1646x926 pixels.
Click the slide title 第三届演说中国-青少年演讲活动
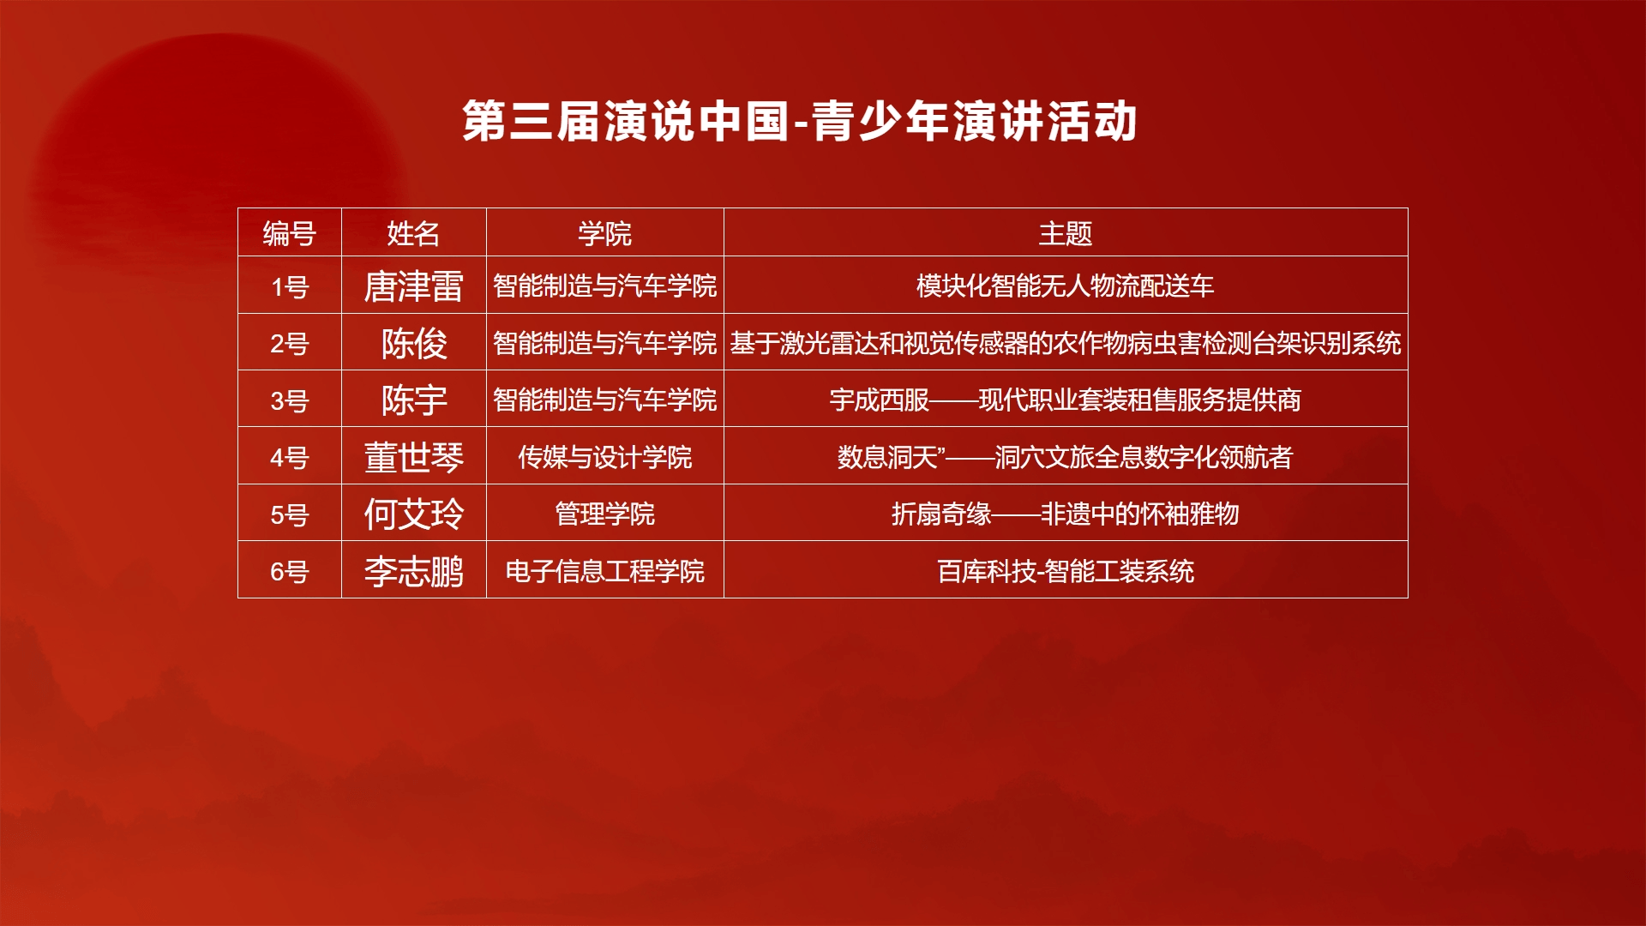pyautogui.click(x=800, y=121)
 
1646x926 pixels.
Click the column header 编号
pyautogui.click(x=290, y=233)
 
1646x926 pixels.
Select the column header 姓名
pyautogui.click(x=413, y=233)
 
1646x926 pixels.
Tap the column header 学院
pyautogui.click(x=604, y=233)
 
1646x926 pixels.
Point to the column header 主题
pyautogui.click(x=1066, y=233)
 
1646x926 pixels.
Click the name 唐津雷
pyautogui.click(x=414, y=286)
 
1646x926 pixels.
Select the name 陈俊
pyautogui.click(x=414, y=344)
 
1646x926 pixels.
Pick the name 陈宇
pyautogui.click(x=414, y=400)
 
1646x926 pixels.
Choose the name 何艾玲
pyautogui.click(x=414, y=514)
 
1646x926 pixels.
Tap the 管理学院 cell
pyautogui.click(x=604, y=514)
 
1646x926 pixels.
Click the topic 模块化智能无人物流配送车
pyautogui.click(x=1066, y=286)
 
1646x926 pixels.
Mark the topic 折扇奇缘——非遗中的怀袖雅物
pyautogui.click(x=1066, y=514)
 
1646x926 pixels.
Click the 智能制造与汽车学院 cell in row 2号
pyautogui.click(x=604, y=344)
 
